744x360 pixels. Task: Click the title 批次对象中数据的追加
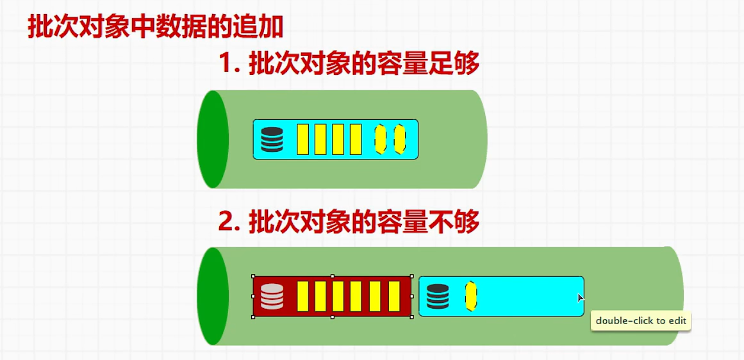tap(155, 28)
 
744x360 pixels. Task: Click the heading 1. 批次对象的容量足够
tap(349, 64)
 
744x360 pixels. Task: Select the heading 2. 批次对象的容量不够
tap(349, 222)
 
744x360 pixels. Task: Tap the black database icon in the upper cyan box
tap(272, 140)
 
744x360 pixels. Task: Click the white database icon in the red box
tap(272, 297)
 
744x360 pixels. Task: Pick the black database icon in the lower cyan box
tap(438, 297)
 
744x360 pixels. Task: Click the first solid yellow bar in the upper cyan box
tap(303, 140)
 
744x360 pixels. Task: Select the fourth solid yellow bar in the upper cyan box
tap(356, 140)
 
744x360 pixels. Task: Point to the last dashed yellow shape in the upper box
tap(400, 140)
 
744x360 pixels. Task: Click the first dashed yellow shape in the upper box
tap(381, 140)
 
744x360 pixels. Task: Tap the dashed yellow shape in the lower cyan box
tap(470, 297)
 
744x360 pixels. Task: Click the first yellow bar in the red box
tap(303, 297)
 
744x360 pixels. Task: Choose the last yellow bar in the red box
tap(395, 297)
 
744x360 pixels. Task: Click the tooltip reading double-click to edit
tap(641, 321)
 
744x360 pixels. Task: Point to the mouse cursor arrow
tap(580, 297)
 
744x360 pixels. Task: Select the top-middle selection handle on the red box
tap(332, 277)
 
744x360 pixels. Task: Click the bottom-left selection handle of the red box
tap(253, 316)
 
